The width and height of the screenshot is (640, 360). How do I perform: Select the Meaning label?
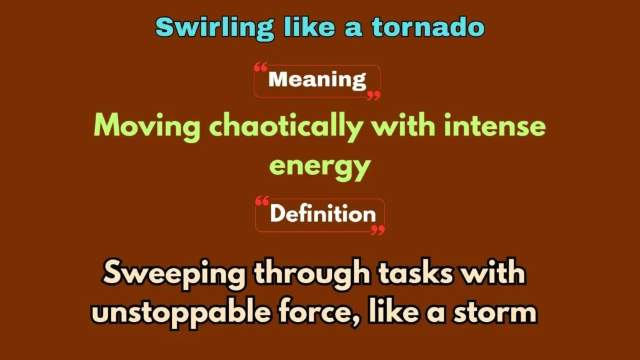point(317,80)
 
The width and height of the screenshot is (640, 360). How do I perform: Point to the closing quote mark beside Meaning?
point(373,96)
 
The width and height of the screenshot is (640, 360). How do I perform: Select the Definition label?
point(322,214)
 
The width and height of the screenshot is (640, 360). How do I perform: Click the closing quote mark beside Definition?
point(377,231)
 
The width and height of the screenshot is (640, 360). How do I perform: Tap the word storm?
point(496,311)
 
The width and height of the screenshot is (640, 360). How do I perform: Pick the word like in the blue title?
point(306,27)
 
